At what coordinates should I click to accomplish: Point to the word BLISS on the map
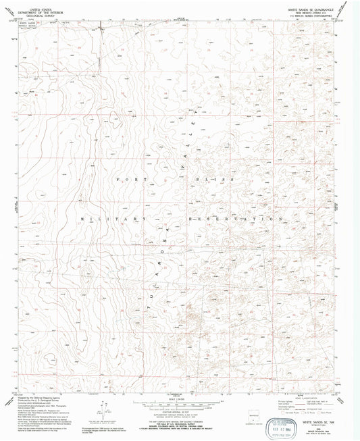point(221,178)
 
